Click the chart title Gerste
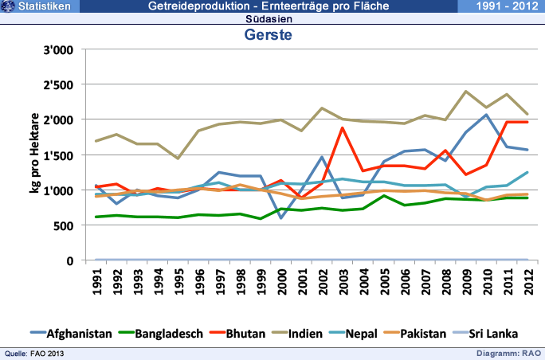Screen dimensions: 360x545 coord(268,36)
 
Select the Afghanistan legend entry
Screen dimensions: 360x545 coord(79,334)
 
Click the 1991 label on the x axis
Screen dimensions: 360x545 coord(96,283)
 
